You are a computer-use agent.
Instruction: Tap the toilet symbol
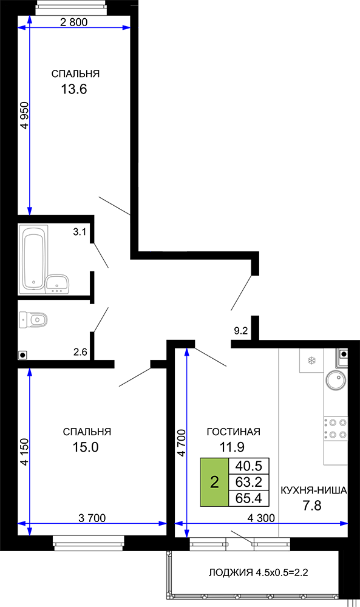(x=33, y=320)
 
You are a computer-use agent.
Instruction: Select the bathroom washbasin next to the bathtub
(x=57, y=284)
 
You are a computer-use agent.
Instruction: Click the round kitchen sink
(x=335, y=380)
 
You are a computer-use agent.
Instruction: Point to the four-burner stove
(x=336, y=428)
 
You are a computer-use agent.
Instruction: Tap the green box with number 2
(x=214, y=482)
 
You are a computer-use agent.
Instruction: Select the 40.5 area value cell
(x=249, y=466)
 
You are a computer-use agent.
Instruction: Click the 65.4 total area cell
(x=249, y=498)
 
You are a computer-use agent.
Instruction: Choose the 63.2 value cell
(x=249, y=482)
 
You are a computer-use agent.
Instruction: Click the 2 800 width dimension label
(x=74, y=22)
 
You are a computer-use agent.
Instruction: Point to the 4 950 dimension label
(x=24, y=115)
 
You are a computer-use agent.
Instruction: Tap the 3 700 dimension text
(x=92, y=518)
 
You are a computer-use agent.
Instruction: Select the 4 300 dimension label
(x=261, y=518)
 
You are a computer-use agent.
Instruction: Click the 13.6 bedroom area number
(x=74, y=89)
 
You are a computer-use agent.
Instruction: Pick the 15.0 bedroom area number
(x=86, y=447)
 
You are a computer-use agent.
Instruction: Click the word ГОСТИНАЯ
(x=233, y=432)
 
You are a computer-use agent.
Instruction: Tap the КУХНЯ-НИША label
(x=313, y=490)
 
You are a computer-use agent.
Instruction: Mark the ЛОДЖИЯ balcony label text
(x=231, y=572)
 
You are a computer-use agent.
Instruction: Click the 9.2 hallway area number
(x=241, y=331)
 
